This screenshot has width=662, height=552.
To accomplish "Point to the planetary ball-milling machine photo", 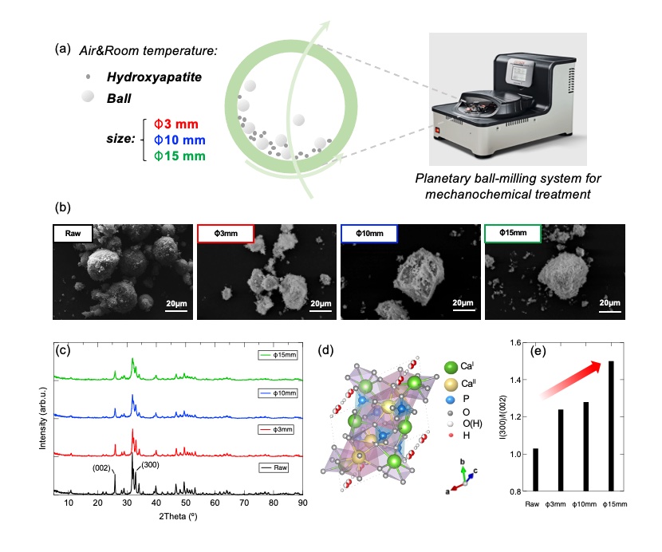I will click(509, 94).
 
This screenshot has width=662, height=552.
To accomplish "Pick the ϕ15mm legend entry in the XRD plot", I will click(278, 355).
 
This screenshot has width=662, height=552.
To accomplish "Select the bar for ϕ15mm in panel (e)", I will click(612, 427).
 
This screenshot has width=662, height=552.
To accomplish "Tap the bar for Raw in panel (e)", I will click(537, 471).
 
